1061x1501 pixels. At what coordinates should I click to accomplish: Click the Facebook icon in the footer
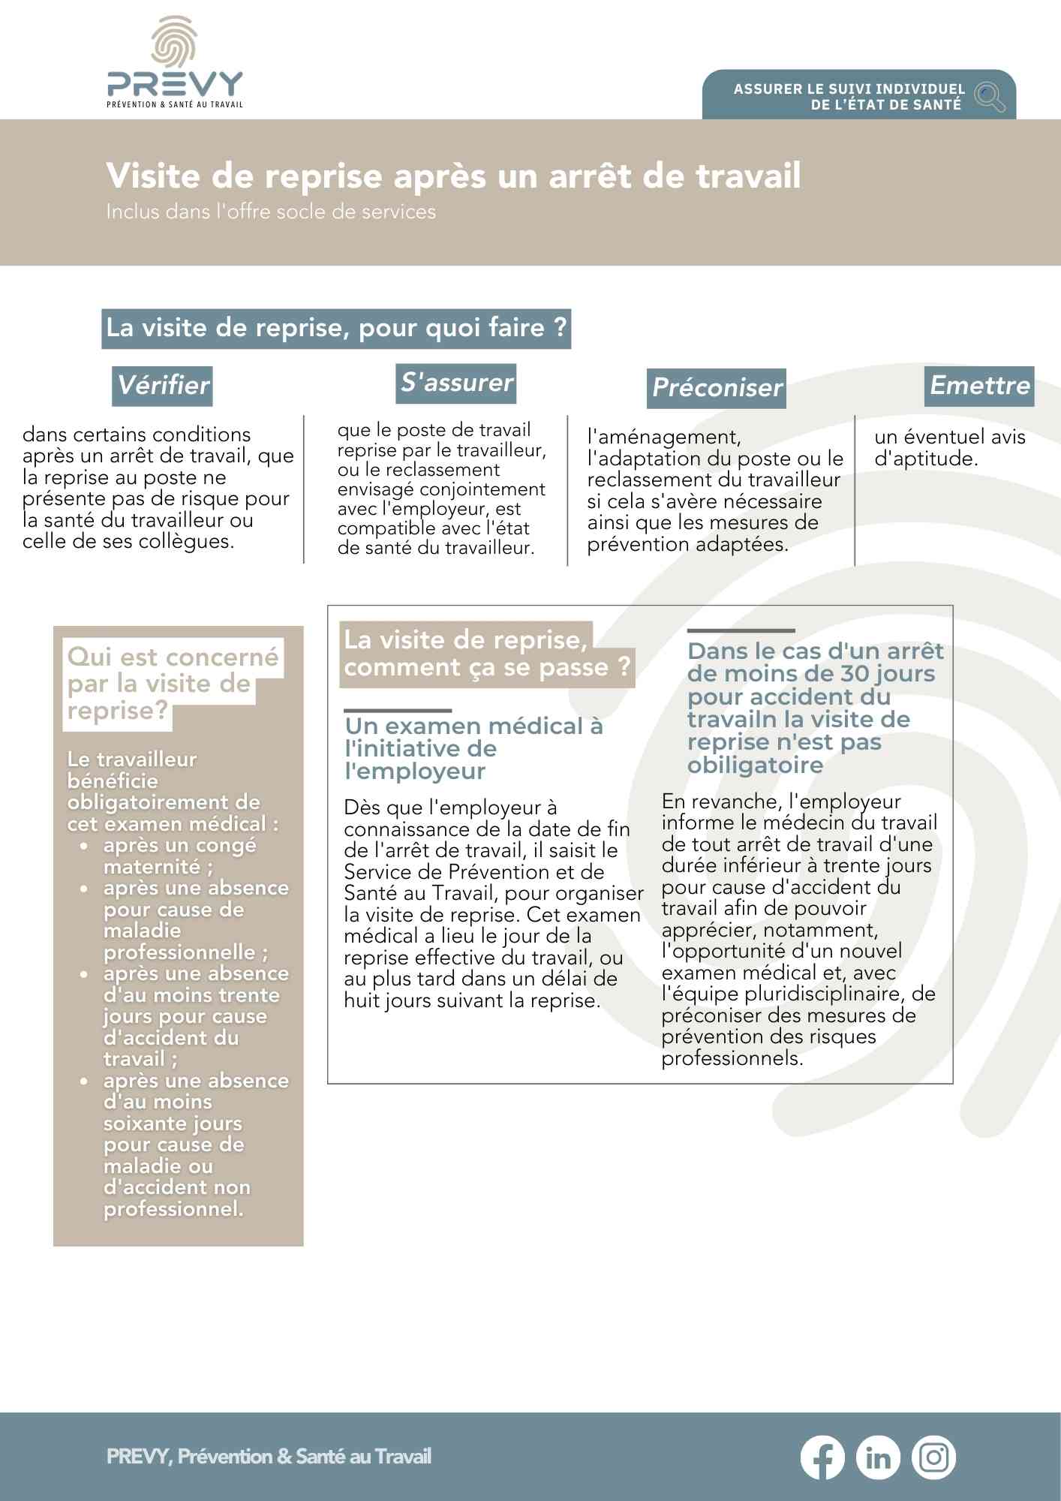pyautogui.click(x=822, y=1457)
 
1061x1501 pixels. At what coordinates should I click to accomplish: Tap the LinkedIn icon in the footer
pyautogui.click(x=878, y=1457)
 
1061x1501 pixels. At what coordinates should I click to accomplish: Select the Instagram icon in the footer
pyautogui.click(x=933, y=1457)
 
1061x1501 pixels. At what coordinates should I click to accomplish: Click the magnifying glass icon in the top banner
pyautogui.click(x=990, y=96)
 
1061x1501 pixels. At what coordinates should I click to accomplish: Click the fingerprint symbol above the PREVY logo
pyautogui.click(x=174, y=42)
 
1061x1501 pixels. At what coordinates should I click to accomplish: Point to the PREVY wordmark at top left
pyautogui.click(x=175, y=84)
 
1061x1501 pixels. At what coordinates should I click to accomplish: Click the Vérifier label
pyautogui.click(x=163, y=386)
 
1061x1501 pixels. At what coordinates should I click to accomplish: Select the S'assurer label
pyautogui.click(x=457, y=383)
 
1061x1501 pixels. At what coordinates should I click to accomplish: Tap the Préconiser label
pyautogui.click(x=717, y=388)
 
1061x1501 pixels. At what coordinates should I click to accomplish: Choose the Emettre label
pyautogui.click(x=979, y=386)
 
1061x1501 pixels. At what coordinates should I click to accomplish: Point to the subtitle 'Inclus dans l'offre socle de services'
pyautogui.click(x=271, y=212)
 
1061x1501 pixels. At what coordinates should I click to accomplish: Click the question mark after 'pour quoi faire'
pyautogui.click(x=560, y=328)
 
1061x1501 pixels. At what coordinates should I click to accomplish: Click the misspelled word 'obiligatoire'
pyautogui.click(x=755, y=765)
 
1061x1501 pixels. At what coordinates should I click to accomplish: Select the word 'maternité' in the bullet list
pyautogui.click(x=152, y=867)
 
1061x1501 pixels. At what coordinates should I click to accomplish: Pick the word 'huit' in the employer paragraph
pyautogui.click(x=360, y=1000)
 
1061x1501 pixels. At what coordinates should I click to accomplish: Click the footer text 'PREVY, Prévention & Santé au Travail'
pyautogui.click(x=269, y=1457)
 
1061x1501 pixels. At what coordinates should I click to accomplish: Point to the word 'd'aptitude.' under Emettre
pyautogui.click(x=926, y=459)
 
